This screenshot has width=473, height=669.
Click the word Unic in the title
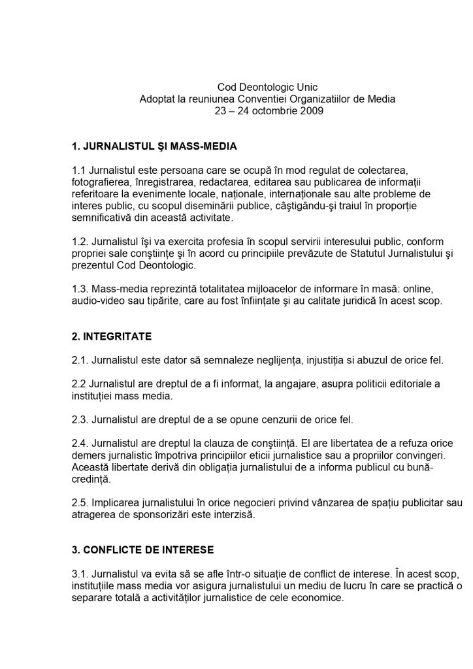(x=306, y=87)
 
